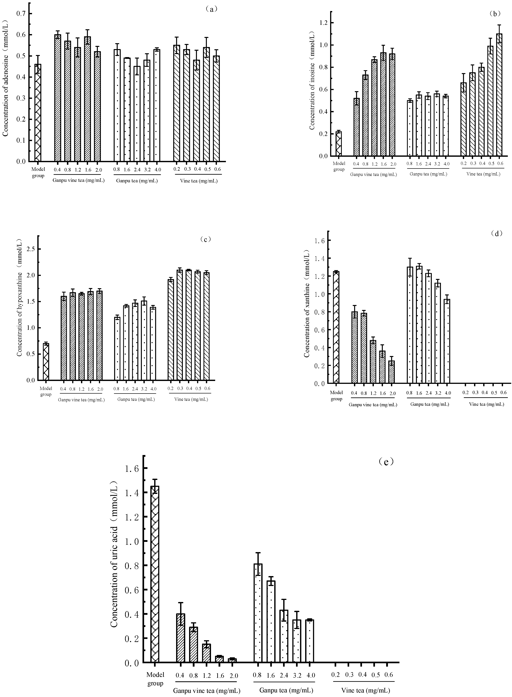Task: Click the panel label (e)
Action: click(x=386, y=462)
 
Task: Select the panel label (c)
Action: click(x=205, y=239)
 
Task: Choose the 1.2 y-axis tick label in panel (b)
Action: click(x=324, y=23)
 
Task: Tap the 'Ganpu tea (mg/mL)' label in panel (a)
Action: click(x=137, y=181)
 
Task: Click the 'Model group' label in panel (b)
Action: click(x=339, y=166)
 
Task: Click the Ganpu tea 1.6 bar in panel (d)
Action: click(x=419, y=325)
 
